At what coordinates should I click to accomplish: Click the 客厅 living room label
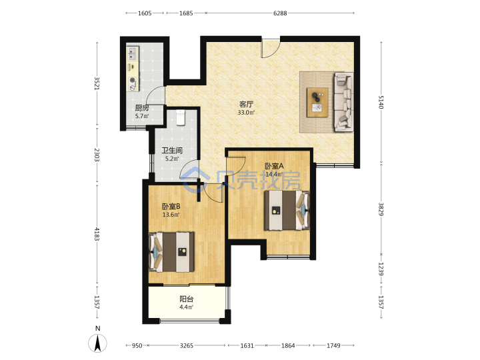click(x=246, y=105)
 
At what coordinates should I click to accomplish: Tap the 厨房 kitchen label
click(x=142, y=108)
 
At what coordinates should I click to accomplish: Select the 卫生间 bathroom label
click(x=172, y=151)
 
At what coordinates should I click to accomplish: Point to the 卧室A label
click(x=274, y=166)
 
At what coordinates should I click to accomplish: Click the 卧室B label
click(x=171, y=207)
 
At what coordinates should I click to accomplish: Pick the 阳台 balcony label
click(x=186, y=299)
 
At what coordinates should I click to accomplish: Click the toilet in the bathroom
click(x=181, y=117)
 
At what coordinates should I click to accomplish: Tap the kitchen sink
click(x=133, y=53)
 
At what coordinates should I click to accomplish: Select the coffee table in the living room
click(x=317, y=102)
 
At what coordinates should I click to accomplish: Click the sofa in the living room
click(x=344, y=102)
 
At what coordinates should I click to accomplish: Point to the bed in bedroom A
click(x=287, y=210)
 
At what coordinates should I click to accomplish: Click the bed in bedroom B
click(x=171, y=252)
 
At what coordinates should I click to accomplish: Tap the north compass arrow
click(x=97, y=343)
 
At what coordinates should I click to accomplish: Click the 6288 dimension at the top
click(x=280, y=13)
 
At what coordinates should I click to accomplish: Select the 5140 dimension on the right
click(x=381, y=102)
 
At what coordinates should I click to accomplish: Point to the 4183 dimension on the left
click(x=97, y=234)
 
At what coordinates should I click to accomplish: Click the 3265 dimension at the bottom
click(x=187, y=345)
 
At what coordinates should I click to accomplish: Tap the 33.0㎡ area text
click(x=246, y=113)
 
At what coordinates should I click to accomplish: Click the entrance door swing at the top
click(x=271, y=49)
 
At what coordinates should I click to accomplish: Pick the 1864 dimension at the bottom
click(x=288, y=345)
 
